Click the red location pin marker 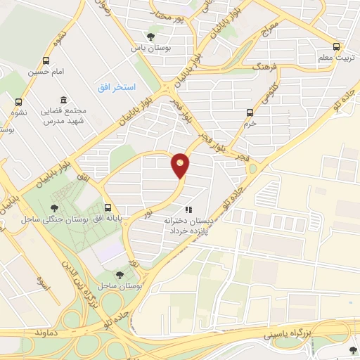181,165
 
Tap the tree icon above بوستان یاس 149,37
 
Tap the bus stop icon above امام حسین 46,61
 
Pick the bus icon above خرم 250,112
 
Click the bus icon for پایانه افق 108,207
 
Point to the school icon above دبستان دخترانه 187,210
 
